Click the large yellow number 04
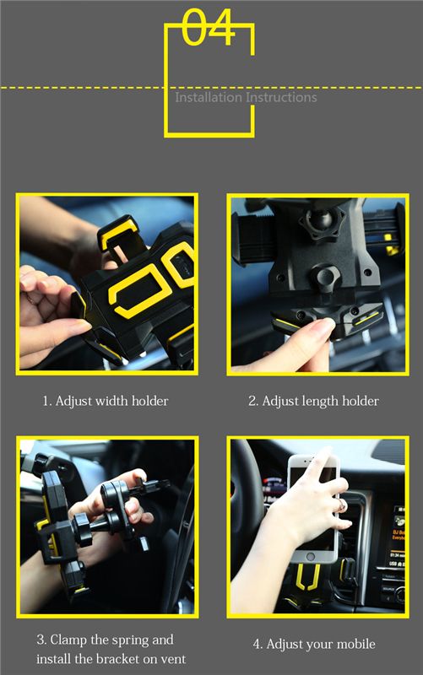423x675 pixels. pos(209,28)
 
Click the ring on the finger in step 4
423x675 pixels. pos(341,505)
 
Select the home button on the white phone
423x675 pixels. pos(312,557)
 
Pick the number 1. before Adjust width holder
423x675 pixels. pos(47,402)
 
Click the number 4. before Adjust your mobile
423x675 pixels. pos(258,645)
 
